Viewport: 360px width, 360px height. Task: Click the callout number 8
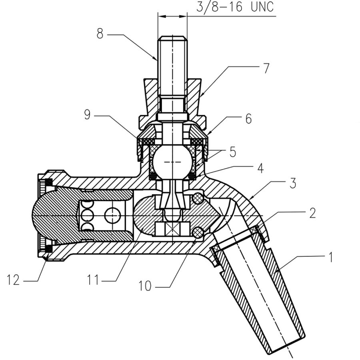(100, 34)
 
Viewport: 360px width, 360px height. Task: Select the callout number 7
(266, 68)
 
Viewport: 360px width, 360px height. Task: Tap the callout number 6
(248, 119)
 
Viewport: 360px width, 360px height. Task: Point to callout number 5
(232, 152)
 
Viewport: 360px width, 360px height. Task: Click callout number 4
(260, 168)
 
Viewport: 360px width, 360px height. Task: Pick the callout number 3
(292, 183)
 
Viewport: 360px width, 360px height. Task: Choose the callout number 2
(312, 213)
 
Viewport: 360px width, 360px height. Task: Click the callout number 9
(87, 114)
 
